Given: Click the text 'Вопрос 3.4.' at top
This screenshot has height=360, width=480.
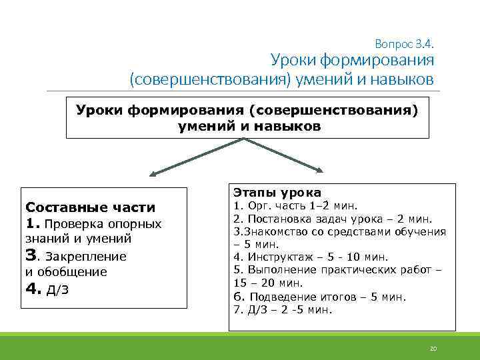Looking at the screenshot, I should click(x=405, y=44).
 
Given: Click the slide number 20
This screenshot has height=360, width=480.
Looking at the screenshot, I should click(x=432, y=349).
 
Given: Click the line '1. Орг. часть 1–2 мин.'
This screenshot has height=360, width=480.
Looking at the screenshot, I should click(x=295, y=206).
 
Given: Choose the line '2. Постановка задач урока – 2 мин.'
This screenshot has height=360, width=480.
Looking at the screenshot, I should click(x=332, y=219).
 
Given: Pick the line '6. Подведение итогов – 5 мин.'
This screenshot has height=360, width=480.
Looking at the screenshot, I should click(x=319, y=297).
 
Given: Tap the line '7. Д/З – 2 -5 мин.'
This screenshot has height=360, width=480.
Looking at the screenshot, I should click(x=283, y=309).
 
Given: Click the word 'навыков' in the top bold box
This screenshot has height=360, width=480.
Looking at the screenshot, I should click(x=289, y=125).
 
